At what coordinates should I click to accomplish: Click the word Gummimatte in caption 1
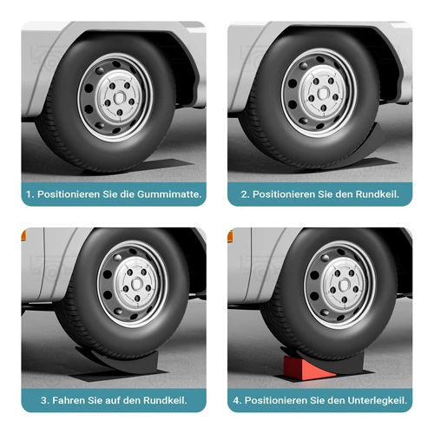pyautogui.click(x=169, y=194)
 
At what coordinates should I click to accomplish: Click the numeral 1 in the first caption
pyautogui.click(x=30, y=194)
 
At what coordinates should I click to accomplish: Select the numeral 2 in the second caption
pyautogui.click(x=245, y=194)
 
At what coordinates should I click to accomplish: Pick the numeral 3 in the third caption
pyautogui.click(x=43, y=400)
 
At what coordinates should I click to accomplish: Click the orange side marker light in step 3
pyautogui.click(x=23, y=232)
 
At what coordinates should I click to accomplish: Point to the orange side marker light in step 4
pyautogui.click(x=232, y=233)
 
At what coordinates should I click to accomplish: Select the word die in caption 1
pyautogui.click(x=124, y=194)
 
